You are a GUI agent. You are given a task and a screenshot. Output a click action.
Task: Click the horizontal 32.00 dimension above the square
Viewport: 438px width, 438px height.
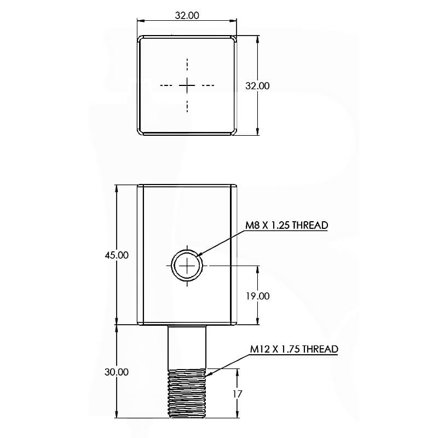coord(187,15)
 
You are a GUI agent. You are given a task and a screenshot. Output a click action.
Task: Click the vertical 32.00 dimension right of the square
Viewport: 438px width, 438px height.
coord(257,86)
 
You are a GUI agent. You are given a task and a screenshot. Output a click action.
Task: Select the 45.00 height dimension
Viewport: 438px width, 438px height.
coord(117,255)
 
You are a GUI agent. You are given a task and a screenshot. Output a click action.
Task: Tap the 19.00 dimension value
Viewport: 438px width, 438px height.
coord(257,296)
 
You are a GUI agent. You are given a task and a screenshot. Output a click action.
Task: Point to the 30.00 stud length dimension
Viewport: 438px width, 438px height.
coord(117,372)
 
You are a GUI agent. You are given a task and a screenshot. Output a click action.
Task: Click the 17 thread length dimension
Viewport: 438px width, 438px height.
coord(238,394)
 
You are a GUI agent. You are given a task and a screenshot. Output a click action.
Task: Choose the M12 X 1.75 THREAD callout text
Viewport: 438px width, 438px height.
coord(294,349)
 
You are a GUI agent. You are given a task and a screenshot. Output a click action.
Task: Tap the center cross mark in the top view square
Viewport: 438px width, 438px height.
coord(187,85)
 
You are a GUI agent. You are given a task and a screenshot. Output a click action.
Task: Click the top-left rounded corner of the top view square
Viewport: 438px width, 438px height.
coord(140,39)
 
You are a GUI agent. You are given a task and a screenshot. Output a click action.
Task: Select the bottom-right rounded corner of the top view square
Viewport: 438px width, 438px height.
coord(234,131)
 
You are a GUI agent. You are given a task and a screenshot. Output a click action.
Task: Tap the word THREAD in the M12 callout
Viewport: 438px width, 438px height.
coord(320,349)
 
